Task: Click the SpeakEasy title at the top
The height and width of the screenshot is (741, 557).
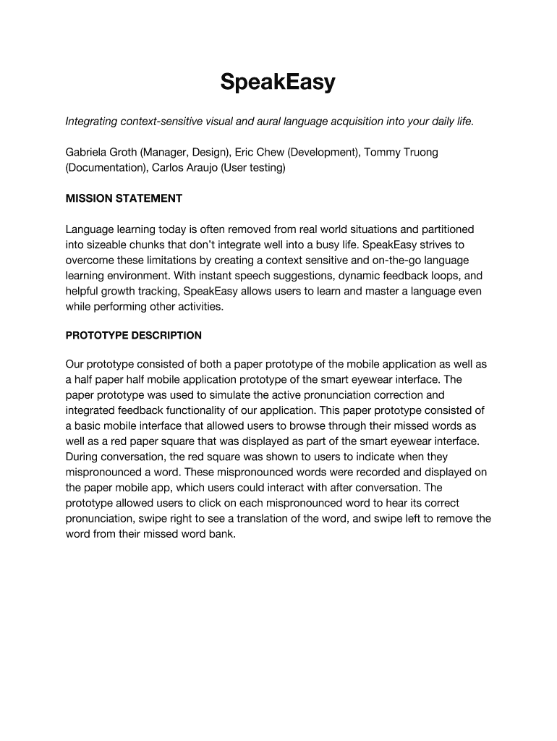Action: [278, 83]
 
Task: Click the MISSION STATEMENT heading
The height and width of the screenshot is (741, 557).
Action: [124, 198]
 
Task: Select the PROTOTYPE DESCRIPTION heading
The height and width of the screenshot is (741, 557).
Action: [134, 336]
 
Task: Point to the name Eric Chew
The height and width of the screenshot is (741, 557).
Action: [258, 152]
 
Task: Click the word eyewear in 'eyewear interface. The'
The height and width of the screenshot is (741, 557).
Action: [373, 379]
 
